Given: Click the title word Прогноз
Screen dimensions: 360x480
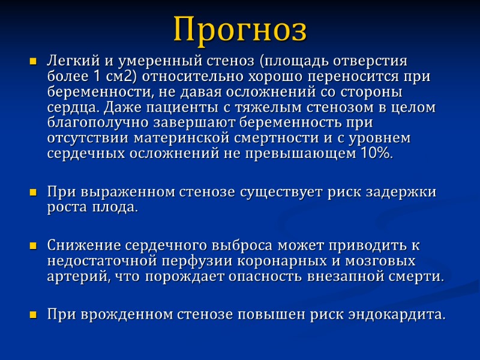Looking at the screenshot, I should [x=240, y=28].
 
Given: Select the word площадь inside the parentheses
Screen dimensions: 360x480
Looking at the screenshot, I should [x=293, y=61].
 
